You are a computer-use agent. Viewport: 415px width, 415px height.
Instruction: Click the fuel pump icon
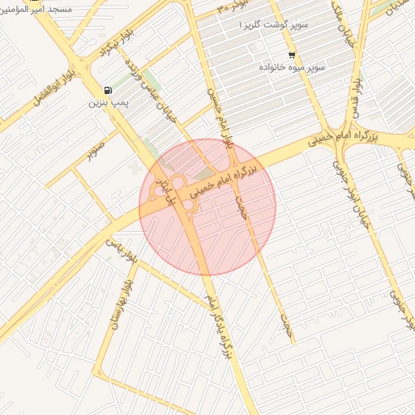108,90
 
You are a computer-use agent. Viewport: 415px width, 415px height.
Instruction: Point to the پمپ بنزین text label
110,105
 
